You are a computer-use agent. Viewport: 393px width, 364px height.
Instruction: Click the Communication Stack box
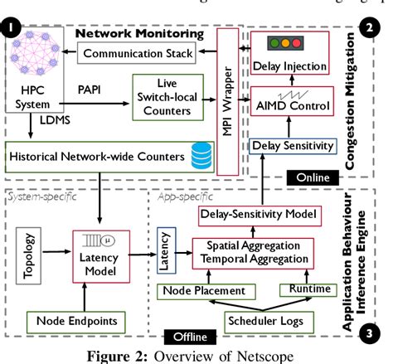point(137,54)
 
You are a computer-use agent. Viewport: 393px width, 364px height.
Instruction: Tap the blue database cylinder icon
point(201,155)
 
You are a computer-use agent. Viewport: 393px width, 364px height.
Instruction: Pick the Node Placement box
point(203,290)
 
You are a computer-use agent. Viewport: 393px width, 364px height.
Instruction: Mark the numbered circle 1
point(11,30)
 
